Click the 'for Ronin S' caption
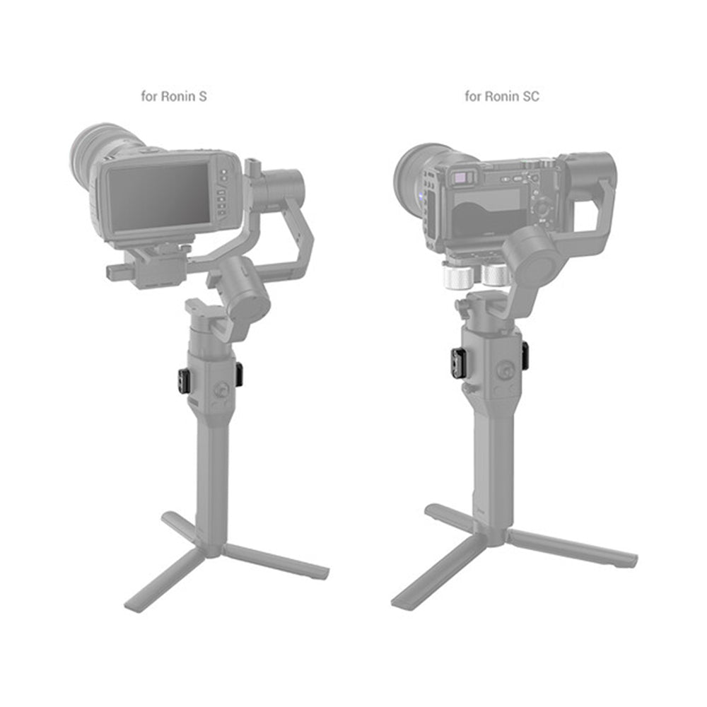174,96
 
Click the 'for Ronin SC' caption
502,96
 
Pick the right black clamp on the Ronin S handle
239,375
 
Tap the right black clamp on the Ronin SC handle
525,354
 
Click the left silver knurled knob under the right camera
460,277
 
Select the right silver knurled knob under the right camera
495,275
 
